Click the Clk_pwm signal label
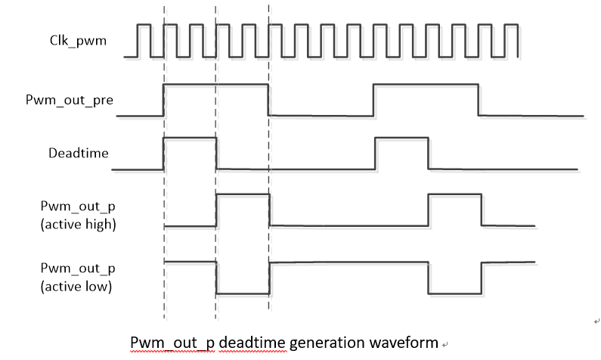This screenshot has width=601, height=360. pyautogui.click(x=73, y=41)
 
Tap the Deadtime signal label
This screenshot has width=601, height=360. pyautogui.click(x=78, y=153)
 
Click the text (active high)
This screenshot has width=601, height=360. pyautogui.click(x=78, y=225)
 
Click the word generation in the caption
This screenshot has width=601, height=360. pyautogui.click(x=327, y=342)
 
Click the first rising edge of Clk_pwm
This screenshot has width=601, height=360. pyautogui.click(x=138, y=40)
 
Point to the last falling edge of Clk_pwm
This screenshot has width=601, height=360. pyautogui.click(x=517, y=40)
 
